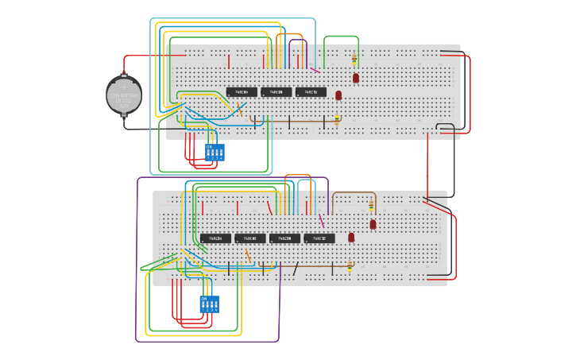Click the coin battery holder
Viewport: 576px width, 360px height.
click(x=123, y=95)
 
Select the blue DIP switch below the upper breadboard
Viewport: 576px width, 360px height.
click(x=215, y=152)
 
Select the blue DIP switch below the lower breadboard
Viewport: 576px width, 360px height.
click(x=210, y=304)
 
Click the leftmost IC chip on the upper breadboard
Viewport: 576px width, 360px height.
click(x=242, y=92)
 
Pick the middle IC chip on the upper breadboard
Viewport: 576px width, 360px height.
click(x=276, y=92)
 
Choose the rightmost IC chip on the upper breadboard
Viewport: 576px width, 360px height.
click(x=311, y=92)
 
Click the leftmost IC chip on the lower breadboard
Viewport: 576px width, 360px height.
click(x=215, y=238)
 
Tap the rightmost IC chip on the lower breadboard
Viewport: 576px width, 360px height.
click(x=319, y=238)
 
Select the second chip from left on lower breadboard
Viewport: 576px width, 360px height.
click(x=250, y=238)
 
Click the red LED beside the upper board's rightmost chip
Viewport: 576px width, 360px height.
click(x=338, y=95)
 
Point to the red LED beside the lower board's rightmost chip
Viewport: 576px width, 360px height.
click(x=351, y=237)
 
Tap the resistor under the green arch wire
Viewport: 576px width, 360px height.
click(x=354, y=58)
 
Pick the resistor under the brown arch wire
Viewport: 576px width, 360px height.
click(x=371, y=206)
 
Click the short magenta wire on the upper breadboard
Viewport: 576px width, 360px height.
click(x=315, y=70)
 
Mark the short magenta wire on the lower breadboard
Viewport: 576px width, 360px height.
click(x=322, y=220)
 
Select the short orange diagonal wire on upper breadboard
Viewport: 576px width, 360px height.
click(x=239, y=111)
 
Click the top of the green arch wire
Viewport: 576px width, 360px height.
click(x=341, y=36)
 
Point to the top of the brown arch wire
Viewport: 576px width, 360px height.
click(x=354, y=192)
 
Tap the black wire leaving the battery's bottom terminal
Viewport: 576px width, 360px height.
click(x=143, y=129)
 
